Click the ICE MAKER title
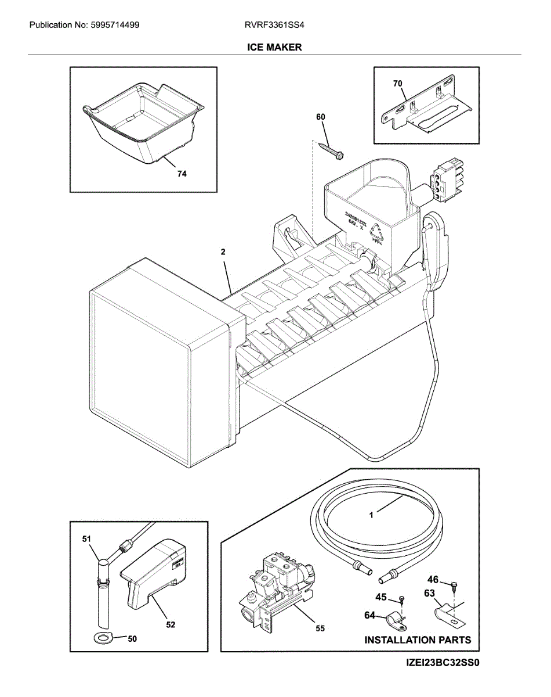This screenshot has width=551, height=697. click(x=275, y=47)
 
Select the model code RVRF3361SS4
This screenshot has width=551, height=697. click(x=274, y=25)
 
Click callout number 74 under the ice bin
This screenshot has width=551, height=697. click(x=182, y=174)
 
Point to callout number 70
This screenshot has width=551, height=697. click(x=397, y=84)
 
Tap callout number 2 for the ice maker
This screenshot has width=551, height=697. click(x=223, y=252)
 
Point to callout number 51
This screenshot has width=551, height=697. click(x=87, y=540)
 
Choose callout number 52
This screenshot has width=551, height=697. click(x=171, y=625)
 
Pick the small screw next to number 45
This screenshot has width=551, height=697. click(x=401, y=599)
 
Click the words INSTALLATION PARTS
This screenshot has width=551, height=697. click(x=417, y=640)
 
